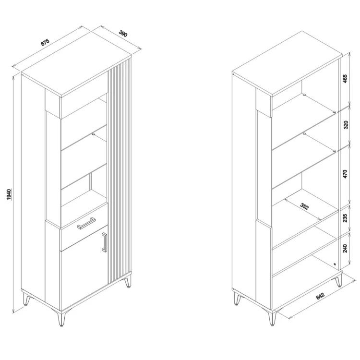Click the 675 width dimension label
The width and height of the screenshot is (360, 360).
coord(45,42)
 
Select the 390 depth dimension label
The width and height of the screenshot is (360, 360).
coord(123,34)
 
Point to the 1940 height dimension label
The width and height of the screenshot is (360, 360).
coord(9,194)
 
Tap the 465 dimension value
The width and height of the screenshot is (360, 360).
coord(345,79)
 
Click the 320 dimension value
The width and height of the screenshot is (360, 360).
coord(346,125)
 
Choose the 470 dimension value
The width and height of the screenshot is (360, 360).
coord(345,174)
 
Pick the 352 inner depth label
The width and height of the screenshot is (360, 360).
coord(304,206)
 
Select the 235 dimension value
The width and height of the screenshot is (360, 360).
coord(345,218)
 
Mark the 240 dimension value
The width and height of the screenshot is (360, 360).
coord(345,248)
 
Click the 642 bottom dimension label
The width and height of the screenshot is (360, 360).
coord(320,296)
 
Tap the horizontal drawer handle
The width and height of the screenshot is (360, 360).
coord(86,223)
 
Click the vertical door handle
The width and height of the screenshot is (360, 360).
coord(105,242)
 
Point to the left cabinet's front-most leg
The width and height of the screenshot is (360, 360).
coord(61,319)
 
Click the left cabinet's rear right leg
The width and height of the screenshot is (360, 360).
coord(128,282)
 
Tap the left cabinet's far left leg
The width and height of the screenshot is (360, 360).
coord(27,300)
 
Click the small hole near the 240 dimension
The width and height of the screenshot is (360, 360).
coord(334,264)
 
